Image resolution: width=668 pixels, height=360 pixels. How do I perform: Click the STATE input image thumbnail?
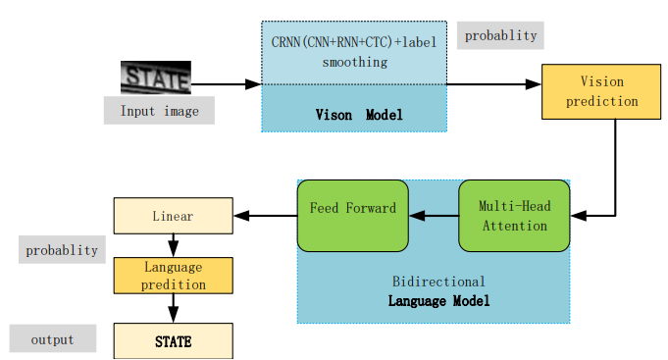pyautogui.click(x=155, y=77)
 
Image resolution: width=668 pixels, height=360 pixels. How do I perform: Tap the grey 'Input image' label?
pyautogui.click(x=159, y=111)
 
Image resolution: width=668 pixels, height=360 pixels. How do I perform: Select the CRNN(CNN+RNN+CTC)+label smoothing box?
pyautogui.click(x=354, y=53)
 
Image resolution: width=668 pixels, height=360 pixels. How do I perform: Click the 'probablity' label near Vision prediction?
pyautogui.click(x=500, y=35)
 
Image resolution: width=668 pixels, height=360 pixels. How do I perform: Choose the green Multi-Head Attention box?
pyautogui.click(x=513, y=216)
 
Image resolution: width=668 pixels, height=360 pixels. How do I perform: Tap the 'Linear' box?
pyautogui.click(x=173, y=215)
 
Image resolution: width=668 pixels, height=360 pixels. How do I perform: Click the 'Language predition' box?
pyautogui.click(x=173, y=276)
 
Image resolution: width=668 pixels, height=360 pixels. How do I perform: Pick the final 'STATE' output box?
pyautogui.click(x=173, y=342)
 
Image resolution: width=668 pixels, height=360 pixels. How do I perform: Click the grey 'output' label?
pyautogui.click(x=53, y=339)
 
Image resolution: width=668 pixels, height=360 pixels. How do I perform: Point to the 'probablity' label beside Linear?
pyautogui.click(x=62, y=250)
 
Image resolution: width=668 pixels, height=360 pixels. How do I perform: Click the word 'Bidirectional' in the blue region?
pyautogui.click(x=438, y=282)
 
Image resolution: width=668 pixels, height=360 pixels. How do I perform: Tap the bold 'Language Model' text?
pyautogui.click(x=438, y=301)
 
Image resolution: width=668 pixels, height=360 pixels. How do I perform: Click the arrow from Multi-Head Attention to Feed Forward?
pyautogui.click(x=434, y=215)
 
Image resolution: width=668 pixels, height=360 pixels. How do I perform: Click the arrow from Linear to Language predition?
pyautogui.click(x=173, y=245)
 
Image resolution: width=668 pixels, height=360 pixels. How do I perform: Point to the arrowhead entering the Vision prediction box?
pyautogui.click(x=535, y=84)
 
